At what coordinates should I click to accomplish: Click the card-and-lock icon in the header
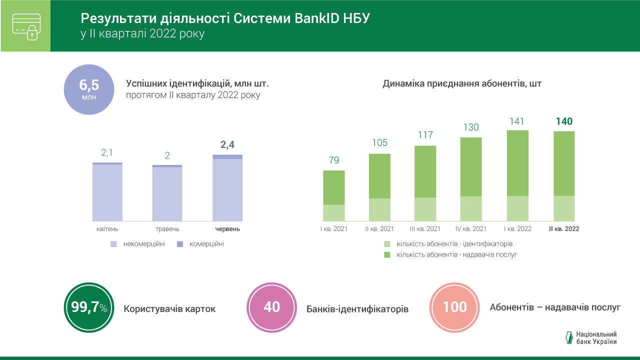tap(25, 26)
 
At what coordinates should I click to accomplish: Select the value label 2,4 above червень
tap(227, 145)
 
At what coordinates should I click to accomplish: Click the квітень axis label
tap(107, 229)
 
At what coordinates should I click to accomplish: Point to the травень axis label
tap(167, 229)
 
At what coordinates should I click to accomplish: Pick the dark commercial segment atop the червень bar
tap(227, 156)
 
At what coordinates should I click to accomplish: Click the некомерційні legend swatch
tap(113, 244)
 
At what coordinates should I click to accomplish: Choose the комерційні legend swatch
tap(180, 244)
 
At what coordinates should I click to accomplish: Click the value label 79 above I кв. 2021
tap(334, 160)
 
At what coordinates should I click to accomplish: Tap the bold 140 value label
tap(564, 121)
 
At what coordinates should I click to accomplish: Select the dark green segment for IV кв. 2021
tap(471, 166)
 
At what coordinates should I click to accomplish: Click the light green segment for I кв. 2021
tap(334, 212)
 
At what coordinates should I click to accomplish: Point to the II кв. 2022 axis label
tap(564, 229)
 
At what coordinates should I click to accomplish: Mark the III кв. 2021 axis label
tap(425, 229)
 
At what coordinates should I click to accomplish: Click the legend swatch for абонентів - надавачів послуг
tap(387, 254)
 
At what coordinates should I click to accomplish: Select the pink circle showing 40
tap(272, 307)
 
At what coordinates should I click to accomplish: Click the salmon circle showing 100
tap(455, 307)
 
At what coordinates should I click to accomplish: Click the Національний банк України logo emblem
tap(568, 338)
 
